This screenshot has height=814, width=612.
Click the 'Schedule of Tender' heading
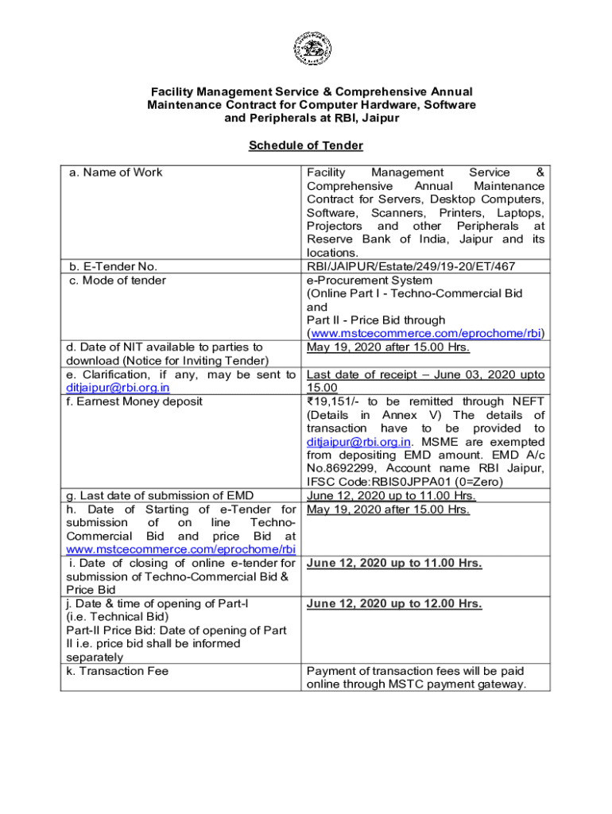(x=306, y=145)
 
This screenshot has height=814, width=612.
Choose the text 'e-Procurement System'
(x=370, y=280)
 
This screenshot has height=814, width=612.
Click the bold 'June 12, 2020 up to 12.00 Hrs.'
(x=394, y=604)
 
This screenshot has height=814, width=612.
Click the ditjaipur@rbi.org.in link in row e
(x=118, y=388)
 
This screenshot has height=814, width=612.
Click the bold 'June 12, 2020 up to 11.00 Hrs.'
(x=394, y=564)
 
